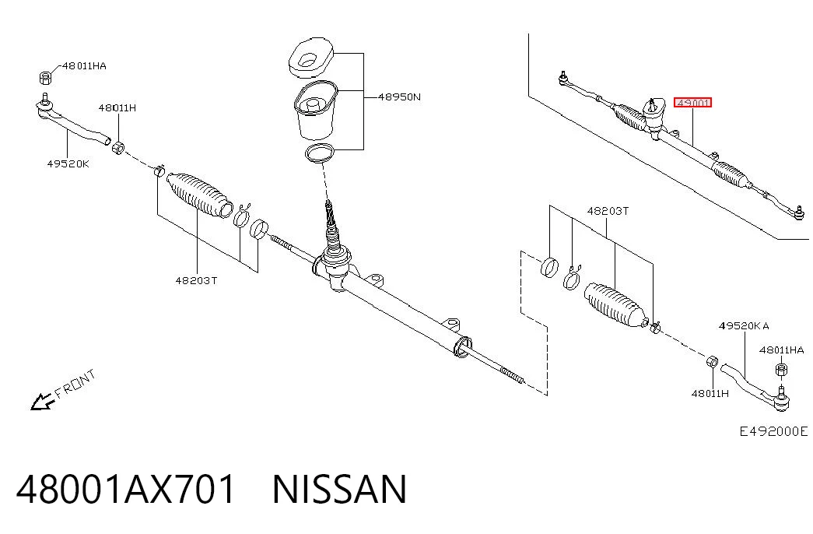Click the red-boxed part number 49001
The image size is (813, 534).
692,103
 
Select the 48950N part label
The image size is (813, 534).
399,97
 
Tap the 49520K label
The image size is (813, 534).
68,163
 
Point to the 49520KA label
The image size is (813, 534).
744,325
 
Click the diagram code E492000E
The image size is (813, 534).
773,430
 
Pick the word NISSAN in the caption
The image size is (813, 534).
340,489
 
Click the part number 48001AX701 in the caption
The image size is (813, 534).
126,489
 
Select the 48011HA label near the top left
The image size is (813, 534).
84,66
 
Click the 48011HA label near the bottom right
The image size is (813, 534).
781,350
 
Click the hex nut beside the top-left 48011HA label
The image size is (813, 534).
46,77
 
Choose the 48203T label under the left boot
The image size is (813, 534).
196,280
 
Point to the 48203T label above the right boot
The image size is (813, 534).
608,211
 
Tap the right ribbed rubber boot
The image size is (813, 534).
616,306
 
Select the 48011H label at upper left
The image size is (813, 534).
117,107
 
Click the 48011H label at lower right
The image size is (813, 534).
710,393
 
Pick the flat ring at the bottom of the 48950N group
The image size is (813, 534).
320,153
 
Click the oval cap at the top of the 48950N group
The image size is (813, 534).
311,57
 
